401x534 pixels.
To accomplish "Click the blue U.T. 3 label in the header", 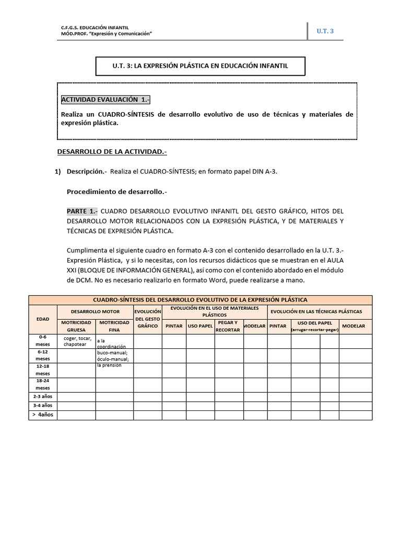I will pos(325,31).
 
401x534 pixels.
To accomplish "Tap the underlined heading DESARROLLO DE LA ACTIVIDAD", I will pos(111,152).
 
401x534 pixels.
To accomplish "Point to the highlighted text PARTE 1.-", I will pos(82,211).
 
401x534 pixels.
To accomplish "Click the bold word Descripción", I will pos(87,172).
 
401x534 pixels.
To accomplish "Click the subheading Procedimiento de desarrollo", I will pos(117,191).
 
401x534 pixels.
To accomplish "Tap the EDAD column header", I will pos(42,319).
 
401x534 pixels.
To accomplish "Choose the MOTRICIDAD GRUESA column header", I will pos(76,326).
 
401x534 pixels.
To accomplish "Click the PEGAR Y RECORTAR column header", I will pos(229,326).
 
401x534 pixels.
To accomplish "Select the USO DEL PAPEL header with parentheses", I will pos(314,326).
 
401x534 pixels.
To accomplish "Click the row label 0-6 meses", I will pos(42,341).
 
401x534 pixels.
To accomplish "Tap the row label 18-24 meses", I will pos(42,384).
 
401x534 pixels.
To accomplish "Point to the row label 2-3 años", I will pos(42,397).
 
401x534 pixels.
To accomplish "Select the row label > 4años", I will pos(42,415).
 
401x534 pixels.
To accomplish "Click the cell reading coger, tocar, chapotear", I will pos(76,342).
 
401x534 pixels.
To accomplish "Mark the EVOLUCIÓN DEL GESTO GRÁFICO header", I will pos(147,319).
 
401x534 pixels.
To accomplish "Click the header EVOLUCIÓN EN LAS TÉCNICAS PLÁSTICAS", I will pos(320,311).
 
